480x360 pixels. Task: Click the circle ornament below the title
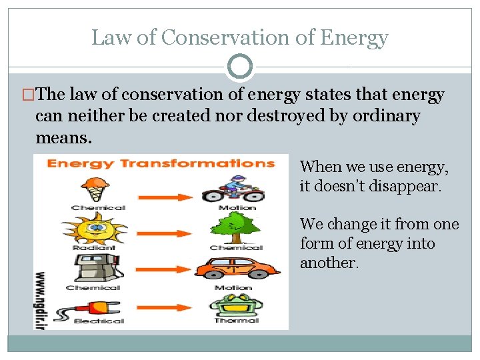[240, 67]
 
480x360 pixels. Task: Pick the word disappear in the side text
[403, 186]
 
